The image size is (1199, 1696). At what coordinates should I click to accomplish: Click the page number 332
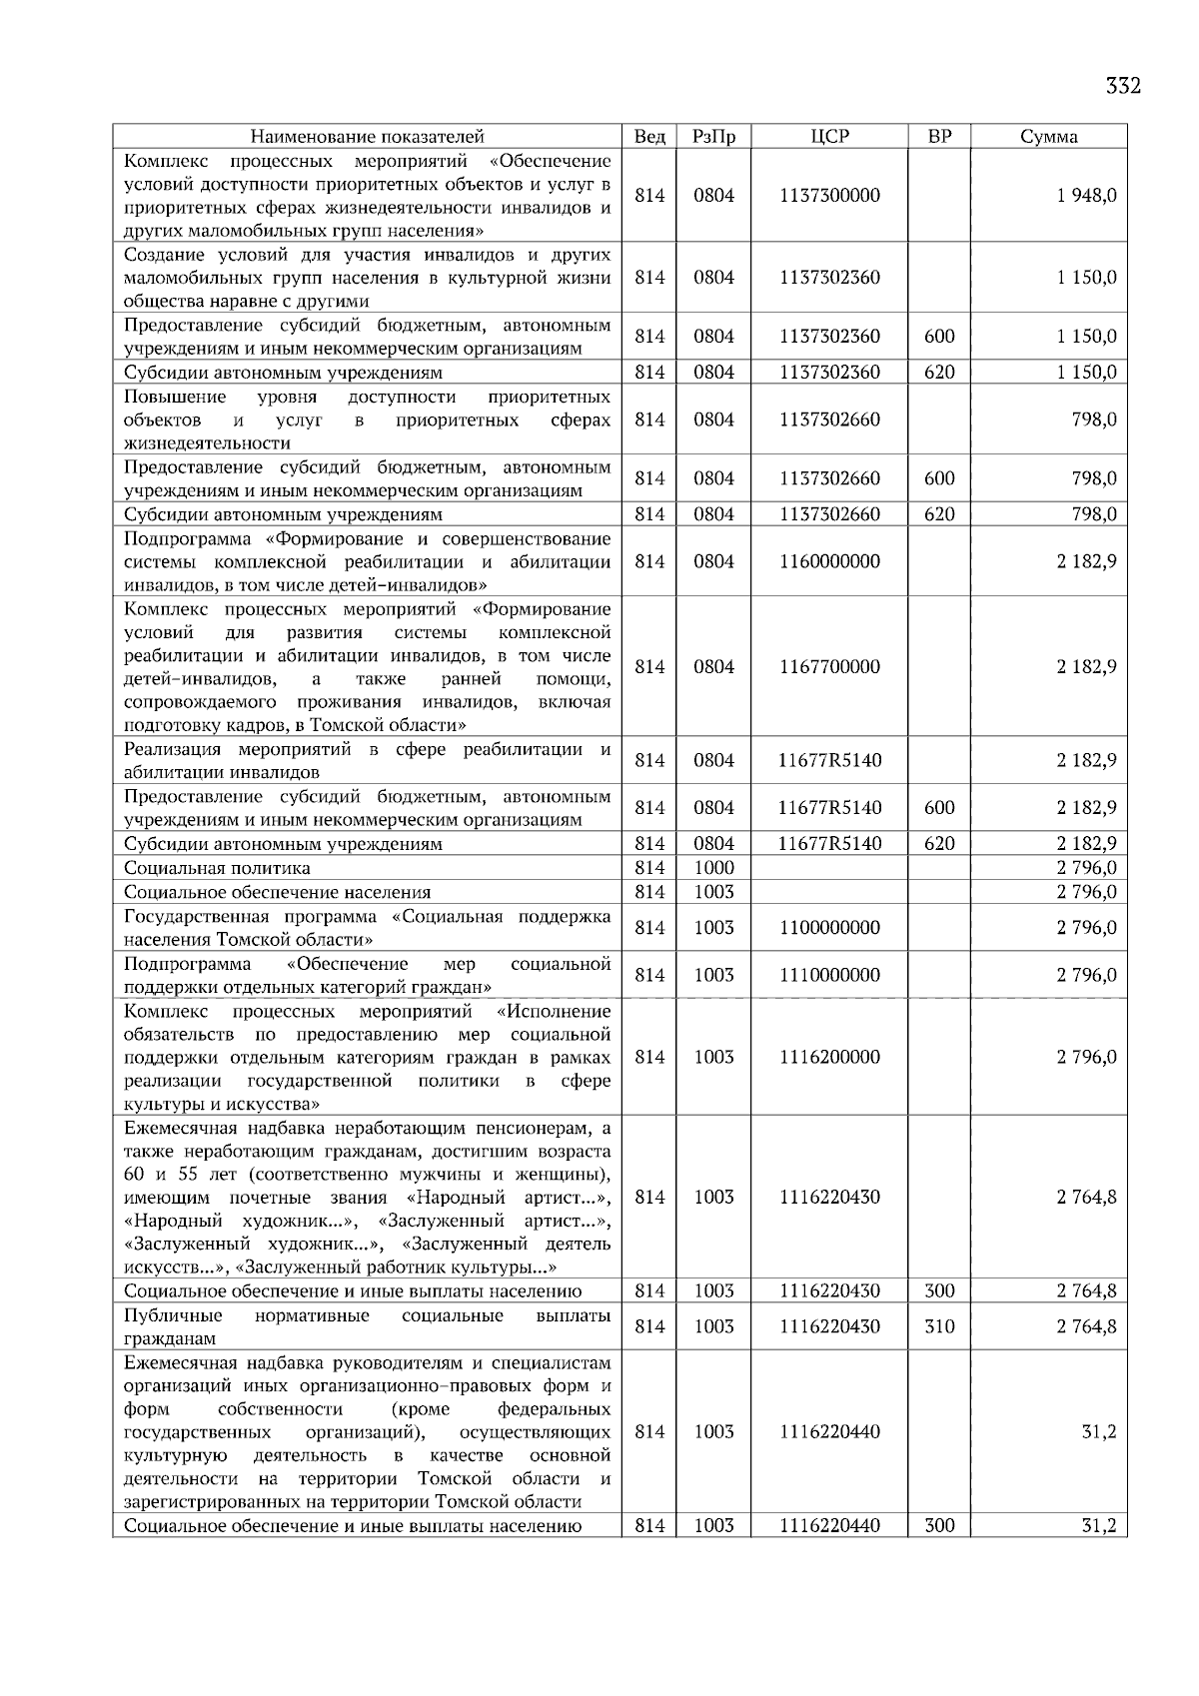pos(1123,86)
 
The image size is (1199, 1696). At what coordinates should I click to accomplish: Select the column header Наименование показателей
pos(367,137)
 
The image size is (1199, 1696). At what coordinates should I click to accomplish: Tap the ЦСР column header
pos(829,137)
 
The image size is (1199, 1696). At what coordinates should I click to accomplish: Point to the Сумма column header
pos(1048,137)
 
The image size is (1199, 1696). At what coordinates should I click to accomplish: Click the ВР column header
pos(939,137)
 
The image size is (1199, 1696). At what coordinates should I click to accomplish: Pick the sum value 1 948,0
pos(1086,196)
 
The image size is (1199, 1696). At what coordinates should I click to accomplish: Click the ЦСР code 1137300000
pos(829,196)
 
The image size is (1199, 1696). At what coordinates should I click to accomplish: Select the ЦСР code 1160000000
pos(829,561)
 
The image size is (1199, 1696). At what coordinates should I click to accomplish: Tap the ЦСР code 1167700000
pos(829,667)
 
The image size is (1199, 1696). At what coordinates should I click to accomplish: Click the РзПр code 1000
pos(713,868)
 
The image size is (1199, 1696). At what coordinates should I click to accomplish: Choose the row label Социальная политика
pos(217,868)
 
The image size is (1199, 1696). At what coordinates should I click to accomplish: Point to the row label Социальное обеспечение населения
pos(277,892)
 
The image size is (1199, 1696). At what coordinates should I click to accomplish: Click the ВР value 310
pos(939,1326)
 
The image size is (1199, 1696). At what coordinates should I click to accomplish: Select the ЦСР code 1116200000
pos(829,1057)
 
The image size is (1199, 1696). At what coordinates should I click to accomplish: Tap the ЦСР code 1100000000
pos(829,928)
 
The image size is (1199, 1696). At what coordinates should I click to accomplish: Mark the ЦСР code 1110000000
pos(829,975)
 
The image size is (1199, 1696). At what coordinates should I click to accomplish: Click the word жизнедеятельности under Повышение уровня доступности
pos(207,442)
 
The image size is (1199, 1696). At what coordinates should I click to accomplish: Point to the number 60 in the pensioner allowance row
pos(135,1174)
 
